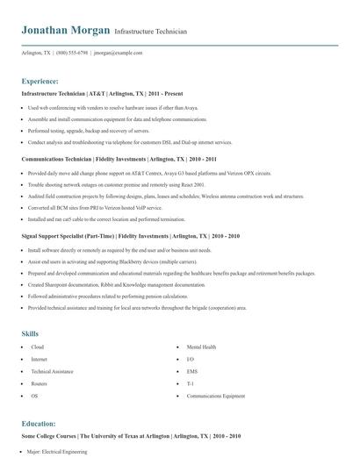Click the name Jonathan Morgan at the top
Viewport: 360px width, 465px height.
click(66, 30)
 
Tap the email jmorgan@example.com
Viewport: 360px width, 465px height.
click(117, 53)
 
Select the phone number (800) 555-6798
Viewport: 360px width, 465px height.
click(71, 53)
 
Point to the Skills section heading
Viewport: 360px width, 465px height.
click(31, 333)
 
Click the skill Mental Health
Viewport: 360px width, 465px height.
click(201, 347)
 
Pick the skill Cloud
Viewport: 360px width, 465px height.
click(37, 347)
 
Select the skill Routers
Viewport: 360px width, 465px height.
click(40, 384)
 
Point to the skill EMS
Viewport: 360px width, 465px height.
click(192, 372)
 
